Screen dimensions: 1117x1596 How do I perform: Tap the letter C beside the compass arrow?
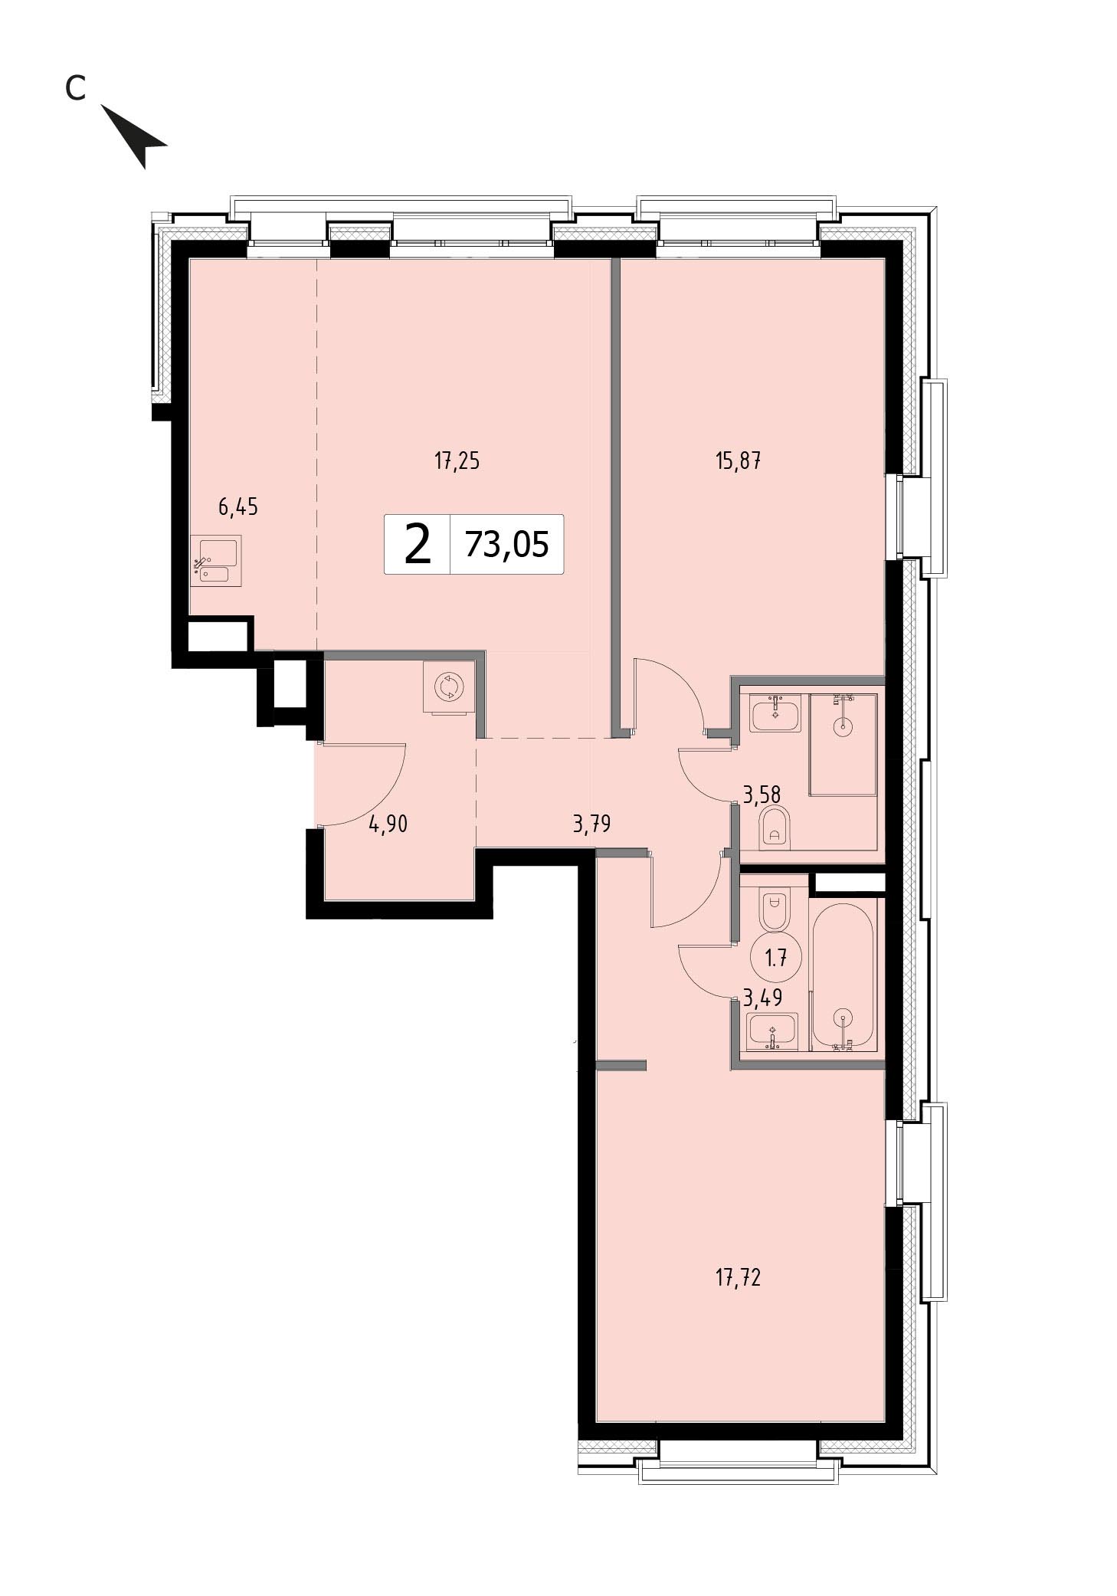74,89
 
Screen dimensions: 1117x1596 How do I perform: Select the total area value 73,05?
507,544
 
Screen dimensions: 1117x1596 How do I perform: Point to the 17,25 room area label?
457,462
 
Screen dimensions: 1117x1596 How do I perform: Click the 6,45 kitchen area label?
238,507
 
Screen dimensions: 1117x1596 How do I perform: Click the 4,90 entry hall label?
388,824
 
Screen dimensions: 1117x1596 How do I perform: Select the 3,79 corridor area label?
592,824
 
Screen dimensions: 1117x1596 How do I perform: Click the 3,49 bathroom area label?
762,997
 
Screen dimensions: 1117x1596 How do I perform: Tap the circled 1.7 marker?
776,957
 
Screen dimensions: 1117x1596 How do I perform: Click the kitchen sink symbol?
216,560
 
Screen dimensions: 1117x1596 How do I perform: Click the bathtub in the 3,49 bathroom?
843,975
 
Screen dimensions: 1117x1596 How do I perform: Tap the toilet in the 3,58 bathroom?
775,828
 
